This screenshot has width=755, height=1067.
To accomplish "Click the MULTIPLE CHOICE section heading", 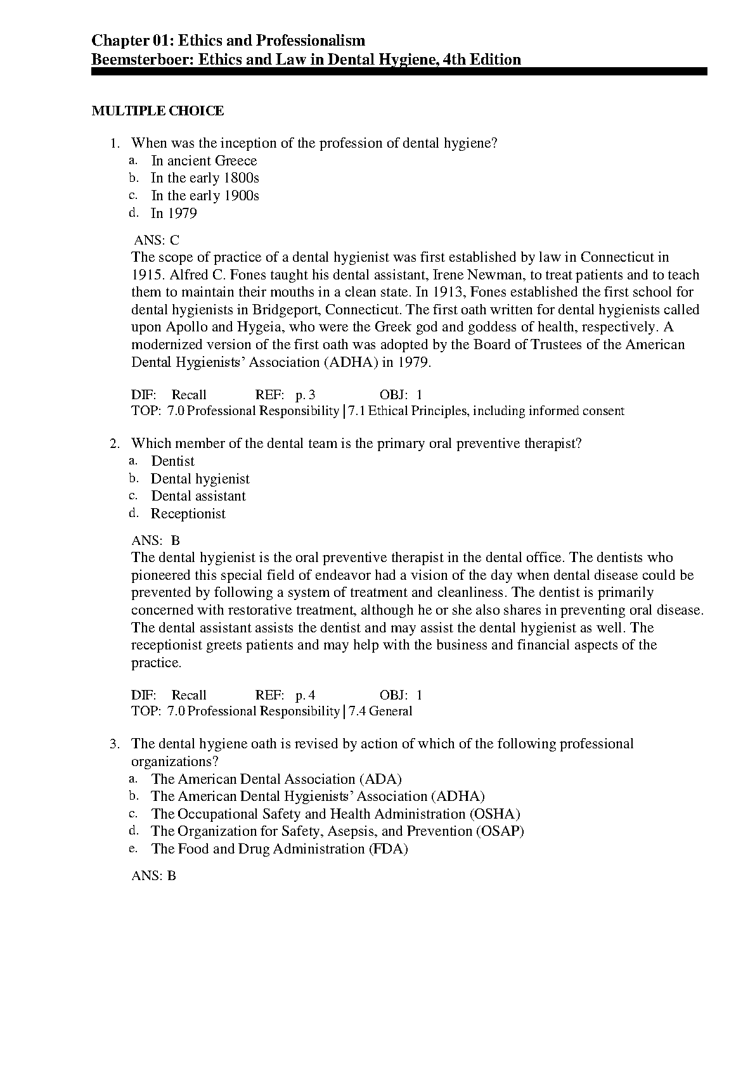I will click(157, 112).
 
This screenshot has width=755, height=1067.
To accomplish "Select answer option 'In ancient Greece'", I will click(203, 161).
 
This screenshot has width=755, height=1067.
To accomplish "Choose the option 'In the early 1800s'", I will click(205, 179).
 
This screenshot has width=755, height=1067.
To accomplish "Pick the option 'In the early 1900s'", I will click(205, 196).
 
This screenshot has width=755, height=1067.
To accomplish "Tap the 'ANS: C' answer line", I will click(157, 240).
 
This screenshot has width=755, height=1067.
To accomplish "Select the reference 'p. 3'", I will click(305, 395).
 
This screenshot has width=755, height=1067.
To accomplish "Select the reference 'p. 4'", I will click(305, 695).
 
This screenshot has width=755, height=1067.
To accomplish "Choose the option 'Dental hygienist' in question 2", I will click(200, 479).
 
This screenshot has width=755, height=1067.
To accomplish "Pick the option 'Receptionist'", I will click(188, 514).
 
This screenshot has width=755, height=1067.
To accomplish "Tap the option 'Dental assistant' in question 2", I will click(198, 496).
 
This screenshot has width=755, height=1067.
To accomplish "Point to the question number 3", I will click(114, 744).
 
